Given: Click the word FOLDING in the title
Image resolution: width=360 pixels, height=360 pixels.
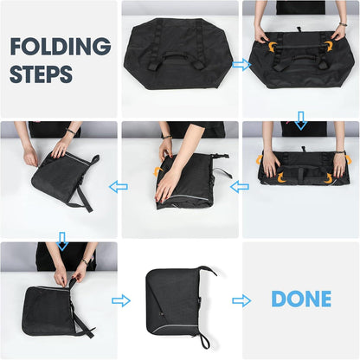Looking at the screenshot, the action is (x=61, y=47).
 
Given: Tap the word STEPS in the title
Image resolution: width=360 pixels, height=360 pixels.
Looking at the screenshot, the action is (x=41, y=74).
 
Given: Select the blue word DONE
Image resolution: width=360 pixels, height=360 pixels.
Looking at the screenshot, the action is (x=301, y=299).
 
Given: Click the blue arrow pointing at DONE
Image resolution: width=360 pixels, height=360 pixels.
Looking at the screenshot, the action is (x=241, y=301).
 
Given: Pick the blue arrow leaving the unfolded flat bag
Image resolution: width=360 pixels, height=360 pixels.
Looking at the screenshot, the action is (x=241, y=65).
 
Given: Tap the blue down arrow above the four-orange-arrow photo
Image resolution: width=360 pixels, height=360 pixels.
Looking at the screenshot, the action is (x=301, y=120).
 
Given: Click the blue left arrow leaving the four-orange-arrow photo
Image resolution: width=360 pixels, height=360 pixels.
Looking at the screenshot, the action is (x=240, y=187).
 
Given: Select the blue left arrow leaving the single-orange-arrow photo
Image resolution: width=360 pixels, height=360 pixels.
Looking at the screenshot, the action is (x=119, y=187).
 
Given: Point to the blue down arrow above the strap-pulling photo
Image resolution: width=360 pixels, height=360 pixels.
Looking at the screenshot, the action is (x=62, y=241).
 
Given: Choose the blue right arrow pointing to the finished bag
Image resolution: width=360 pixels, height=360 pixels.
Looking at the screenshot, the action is (x=121, y=301).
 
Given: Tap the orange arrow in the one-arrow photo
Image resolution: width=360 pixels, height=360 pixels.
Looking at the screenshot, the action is (x=157, y=171).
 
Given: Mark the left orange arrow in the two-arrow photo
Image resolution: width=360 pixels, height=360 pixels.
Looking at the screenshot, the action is (x=273, y=46).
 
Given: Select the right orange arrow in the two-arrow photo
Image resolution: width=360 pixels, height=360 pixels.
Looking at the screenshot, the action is (x=328, y=46).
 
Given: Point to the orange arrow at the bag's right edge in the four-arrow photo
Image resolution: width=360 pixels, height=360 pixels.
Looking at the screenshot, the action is (x=349, y=159).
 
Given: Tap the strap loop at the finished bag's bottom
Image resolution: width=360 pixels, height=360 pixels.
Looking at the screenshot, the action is (x=205, y=340).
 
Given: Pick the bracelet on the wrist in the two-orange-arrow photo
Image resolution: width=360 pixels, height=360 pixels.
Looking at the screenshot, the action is (x=343, y=24).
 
